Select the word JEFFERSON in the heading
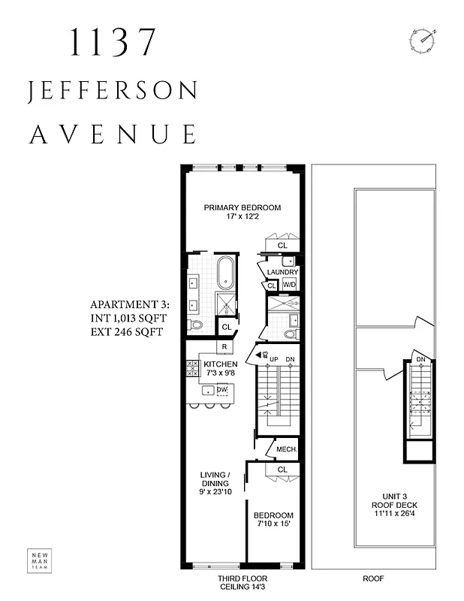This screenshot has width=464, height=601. [x=113, y=92]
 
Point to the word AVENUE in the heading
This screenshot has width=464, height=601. [x=113, y=134]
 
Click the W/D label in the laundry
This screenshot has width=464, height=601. [x=290, y=285]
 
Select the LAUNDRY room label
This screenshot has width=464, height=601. [x=283, y=272]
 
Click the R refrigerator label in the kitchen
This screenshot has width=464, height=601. [x=224, y=346]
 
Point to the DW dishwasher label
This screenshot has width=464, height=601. [x=222, y=390]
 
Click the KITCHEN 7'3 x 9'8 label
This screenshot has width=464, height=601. [x=221, y=368]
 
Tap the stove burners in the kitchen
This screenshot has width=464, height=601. [x=191, y=368]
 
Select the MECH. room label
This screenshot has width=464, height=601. [x=287, y=450]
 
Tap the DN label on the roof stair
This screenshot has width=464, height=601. [x=421, y=360]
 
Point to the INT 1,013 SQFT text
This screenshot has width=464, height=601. [x=127, y=318]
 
